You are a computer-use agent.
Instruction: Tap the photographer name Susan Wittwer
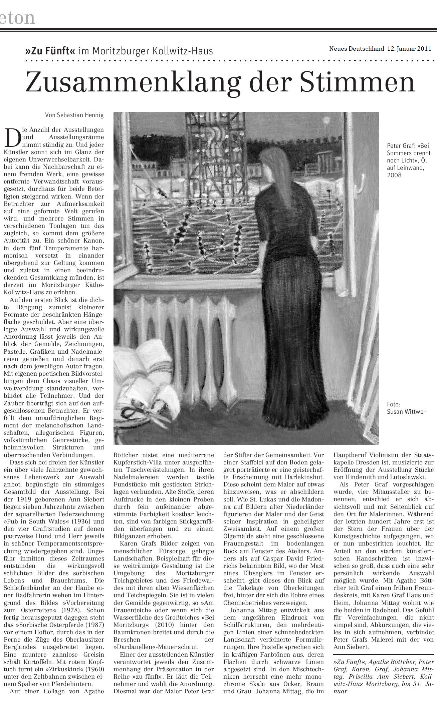[406, 411]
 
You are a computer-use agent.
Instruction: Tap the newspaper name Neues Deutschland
[357, 48]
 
